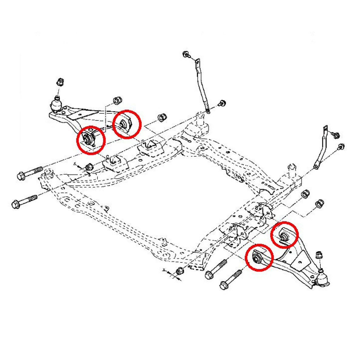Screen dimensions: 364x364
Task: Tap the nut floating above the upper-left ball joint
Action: (x=60, y=82)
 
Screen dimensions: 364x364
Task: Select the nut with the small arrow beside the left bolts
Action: (x=89, y=167)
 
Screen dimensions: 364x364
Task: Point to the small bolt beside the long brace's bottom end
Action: (x=222, y=103)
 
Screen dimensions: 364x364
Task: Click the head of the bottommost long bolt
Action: (x=224, y=285)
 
